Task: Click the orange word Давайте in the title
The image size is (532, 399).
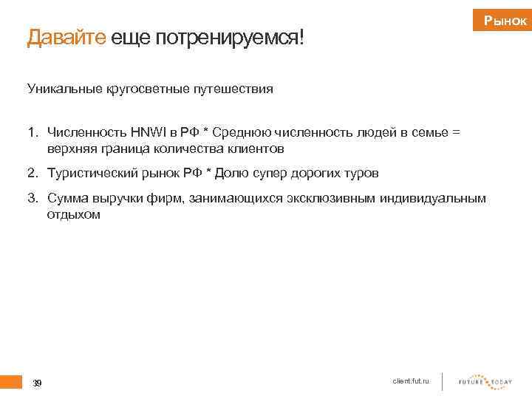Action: coord(66,38)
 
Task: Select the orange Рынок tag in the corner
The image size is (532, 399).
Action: coord(505,21)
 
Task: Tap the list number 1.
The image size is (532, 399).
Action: coord(32,133)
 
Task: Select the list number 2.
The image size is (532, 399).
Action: coord(32,174)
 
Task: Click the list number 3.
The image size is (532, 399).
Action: coord(32,198)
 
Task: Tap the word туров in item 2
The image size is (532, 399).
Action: coord(361,174)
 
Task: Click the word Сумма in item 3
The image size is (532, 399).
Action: coord(67,198)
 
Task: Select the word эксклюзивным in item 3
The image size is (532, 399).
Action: coord(338,198)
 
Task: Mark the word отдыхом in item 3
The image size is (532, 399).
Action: coord(73,214)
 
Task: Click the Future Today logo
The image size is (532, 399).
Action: coord(485,381)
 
